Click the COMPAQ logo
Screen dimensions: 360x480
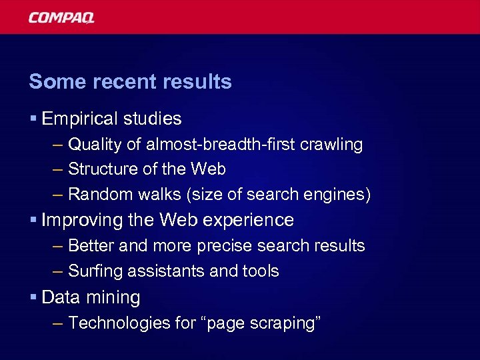(x=61, y=17)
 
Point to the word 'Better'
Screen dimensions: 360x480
(x=90, y=246)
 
